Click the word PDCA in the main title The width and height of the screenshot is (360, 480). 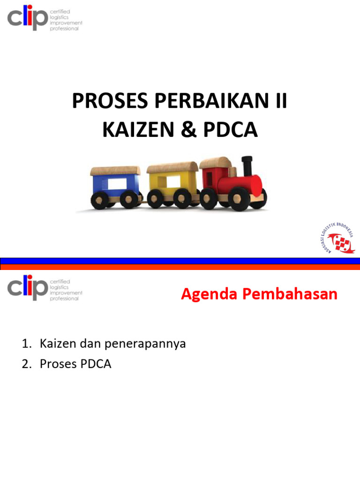click(x=231, y=130)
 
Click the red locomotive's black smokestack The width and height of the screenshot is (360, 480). click(x=247, y=166)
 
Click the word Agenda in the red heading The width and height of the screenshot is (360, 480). click(x=205, y=295)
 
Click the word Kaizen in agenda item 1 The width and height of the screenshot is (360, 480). click(x=55, y=344)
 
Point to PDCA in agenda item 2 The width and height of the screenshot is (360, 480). click(x=96, y=364)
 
